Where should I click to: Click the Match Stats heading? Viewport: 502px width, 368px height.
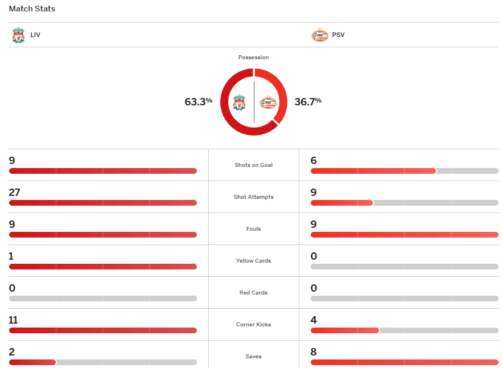coord(32,9)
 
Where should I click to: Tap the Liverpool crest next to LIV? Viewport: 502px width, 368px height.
coord(18,35)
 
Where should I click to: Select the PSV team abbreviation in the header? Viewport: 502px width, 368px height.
coord(338,35)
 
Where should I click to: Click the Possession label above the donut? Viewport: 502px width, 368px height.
coord(254,58)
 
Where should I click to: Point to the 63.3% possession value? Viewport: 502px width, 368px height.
coord(198,102)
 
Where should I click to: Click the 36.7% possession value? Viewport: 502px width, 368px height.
coord(308,102)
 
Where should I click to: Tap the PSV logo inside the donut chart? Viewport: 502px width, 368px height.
coord(268,103)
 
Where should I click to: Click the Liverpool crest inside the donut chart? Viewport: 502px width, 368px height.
coord(240,103)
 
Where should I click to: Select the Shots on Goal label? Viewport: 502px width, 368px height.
coord(254,165)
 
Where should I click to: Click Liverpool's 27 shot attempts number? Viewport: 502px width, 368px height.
coord(14,193)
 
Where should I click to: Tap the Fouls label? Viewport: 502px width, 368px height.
coord(254,229)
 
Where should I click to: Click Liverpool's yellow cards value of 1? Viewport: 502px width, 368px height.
coord(11,256)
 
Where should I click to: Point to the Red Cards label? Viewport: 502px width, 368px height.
coord(254,293)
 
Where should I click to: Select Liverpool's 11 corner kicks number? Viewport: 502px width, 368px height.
coord(14,320)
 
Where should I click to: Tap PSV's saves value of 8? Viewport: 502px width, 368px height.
coord(314,352)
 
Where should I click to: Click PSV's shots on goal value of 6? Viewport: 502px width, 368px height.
coord(314,161)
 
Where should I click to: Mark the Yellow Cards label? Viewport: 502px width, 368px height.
coord(254,261)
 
